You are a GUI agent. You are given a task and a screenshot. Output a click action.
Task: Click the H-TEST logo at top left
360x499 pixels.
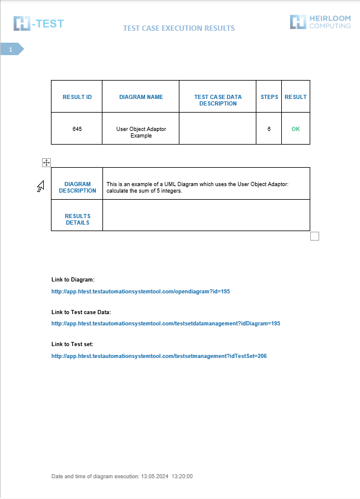pyautogui.click(x=38, y=24)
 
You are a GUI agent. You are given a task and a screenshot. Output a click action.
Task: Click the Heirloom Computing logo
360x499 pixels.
pyautogui.click(x=320, y=23)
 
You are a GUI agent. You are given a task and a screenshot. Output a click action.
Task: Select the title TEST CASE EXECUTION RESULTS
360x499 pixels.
pyautogui.click(x=179, y=28)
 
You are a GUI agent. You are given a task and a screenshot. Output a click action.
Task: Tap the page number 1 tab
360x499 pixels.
pyautogui.click(x=11, y=50)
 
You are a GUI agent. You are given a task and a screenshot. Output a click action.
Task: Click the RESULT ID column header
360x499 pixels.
pyautogui.click(x=77, y=97)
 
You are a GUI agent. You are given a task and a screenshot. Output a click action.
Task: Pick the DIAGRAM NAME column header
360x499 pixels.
pyautogui.click(x=141, y=97)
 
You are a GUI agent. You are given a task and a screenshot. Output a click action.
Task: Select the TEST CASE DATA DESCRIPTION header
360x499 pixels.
pyautogui.click(x=218, y=100)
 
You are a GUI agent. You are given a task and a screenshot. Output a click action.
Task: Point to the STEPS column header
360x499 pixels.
pyautogui.click(x=269, y=97)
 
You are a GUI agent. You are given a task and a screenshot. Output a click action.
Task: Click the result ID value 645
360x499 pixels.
pyautogui.click(x=77, y=129)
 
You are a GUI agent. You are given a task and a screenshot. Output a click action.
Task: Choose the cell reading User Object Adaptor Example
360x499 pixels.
pyautogui.click(x=141, y=132)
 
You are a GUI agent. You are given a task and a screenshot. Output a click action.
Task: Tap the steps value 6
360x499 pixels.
pyautogui.click(x=269, y=129)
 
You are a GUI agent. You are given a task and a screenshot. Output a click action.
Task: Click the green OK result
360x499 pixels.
pyautogui.click(x=295, y=129)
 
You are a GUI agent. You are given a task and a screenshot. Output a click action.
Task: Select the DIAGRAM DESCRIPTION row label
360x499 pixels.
pyautogui.click(x=78, y=187)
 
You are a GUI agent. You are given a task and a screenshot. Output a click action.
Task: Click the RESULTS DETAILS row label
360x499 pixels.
pyautogui.click(x=78, y=219)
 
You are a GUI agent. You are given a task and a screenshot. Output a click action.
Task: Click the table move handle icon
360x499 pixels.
pyautogui.click(x=47, y=162)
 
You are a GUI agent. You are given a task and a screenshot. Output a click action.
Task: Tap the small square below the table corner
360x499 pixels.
pyautogui.click(x=315, y=236)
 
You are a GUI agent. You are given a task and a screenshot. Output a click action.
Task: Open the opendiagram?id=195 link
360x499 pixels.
pyautogui.click(x=140, y=292)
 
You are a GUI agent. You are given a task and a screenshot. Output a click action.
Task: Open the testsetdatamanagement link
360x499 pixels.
pyautogui.click(x=166, y=324)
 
